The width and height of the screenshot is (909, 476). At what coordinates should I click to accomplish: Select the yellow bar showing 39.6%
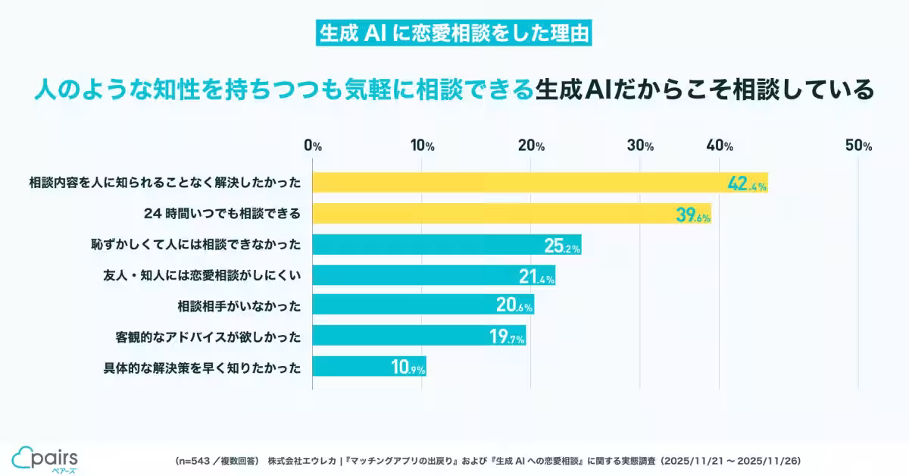click(x=511, y=215)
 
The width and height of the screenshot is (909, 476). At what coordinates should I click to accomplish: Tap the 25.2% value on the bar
click(x=561, y=246)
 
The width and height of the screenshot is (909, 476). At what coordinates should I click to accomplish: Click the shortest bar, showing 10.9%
click(x=369, y=367)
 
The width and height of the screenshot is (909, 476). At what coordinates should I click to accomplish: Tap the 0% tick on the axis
click(x=313, y=146)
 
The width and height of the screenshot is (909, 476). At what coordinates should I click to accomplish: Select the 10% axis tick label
click(x=422, y=146)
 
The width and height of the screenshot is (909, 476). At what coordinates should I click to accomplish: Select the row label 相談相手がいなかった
click(x=239, y=306)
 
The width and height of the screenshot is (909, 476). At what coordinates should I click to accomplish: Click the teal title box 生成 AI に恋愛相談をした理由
click(x=454, y=33)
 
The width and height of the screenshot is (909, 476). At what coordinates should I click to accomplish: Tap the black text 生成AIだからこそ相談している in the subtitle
click(x=704, y=90)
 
